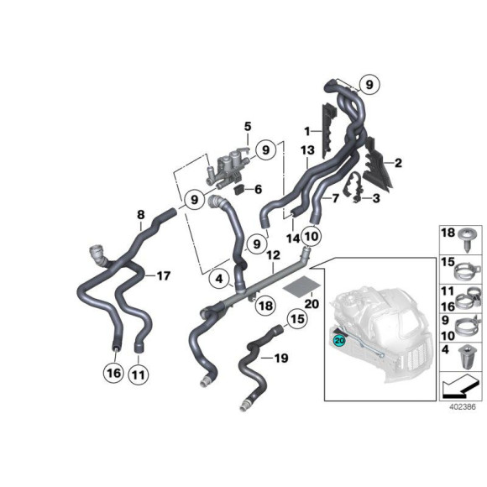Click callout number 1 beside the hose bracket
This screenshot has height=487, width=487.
307,130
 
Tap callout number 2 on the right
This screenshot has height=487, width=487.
398,163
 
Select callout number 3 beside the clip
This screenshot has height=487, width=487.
376,198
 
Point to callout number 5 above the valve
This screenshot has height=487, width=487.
248,127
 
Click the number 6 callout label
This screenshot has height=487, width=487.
259,189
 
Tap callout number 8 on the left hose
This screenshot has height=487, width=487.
140,216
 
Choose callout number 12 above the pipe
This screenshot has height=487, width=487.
273,254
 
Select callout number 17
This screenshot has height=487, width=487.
163,275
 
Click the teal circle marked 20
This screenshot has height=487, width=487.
339,341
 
